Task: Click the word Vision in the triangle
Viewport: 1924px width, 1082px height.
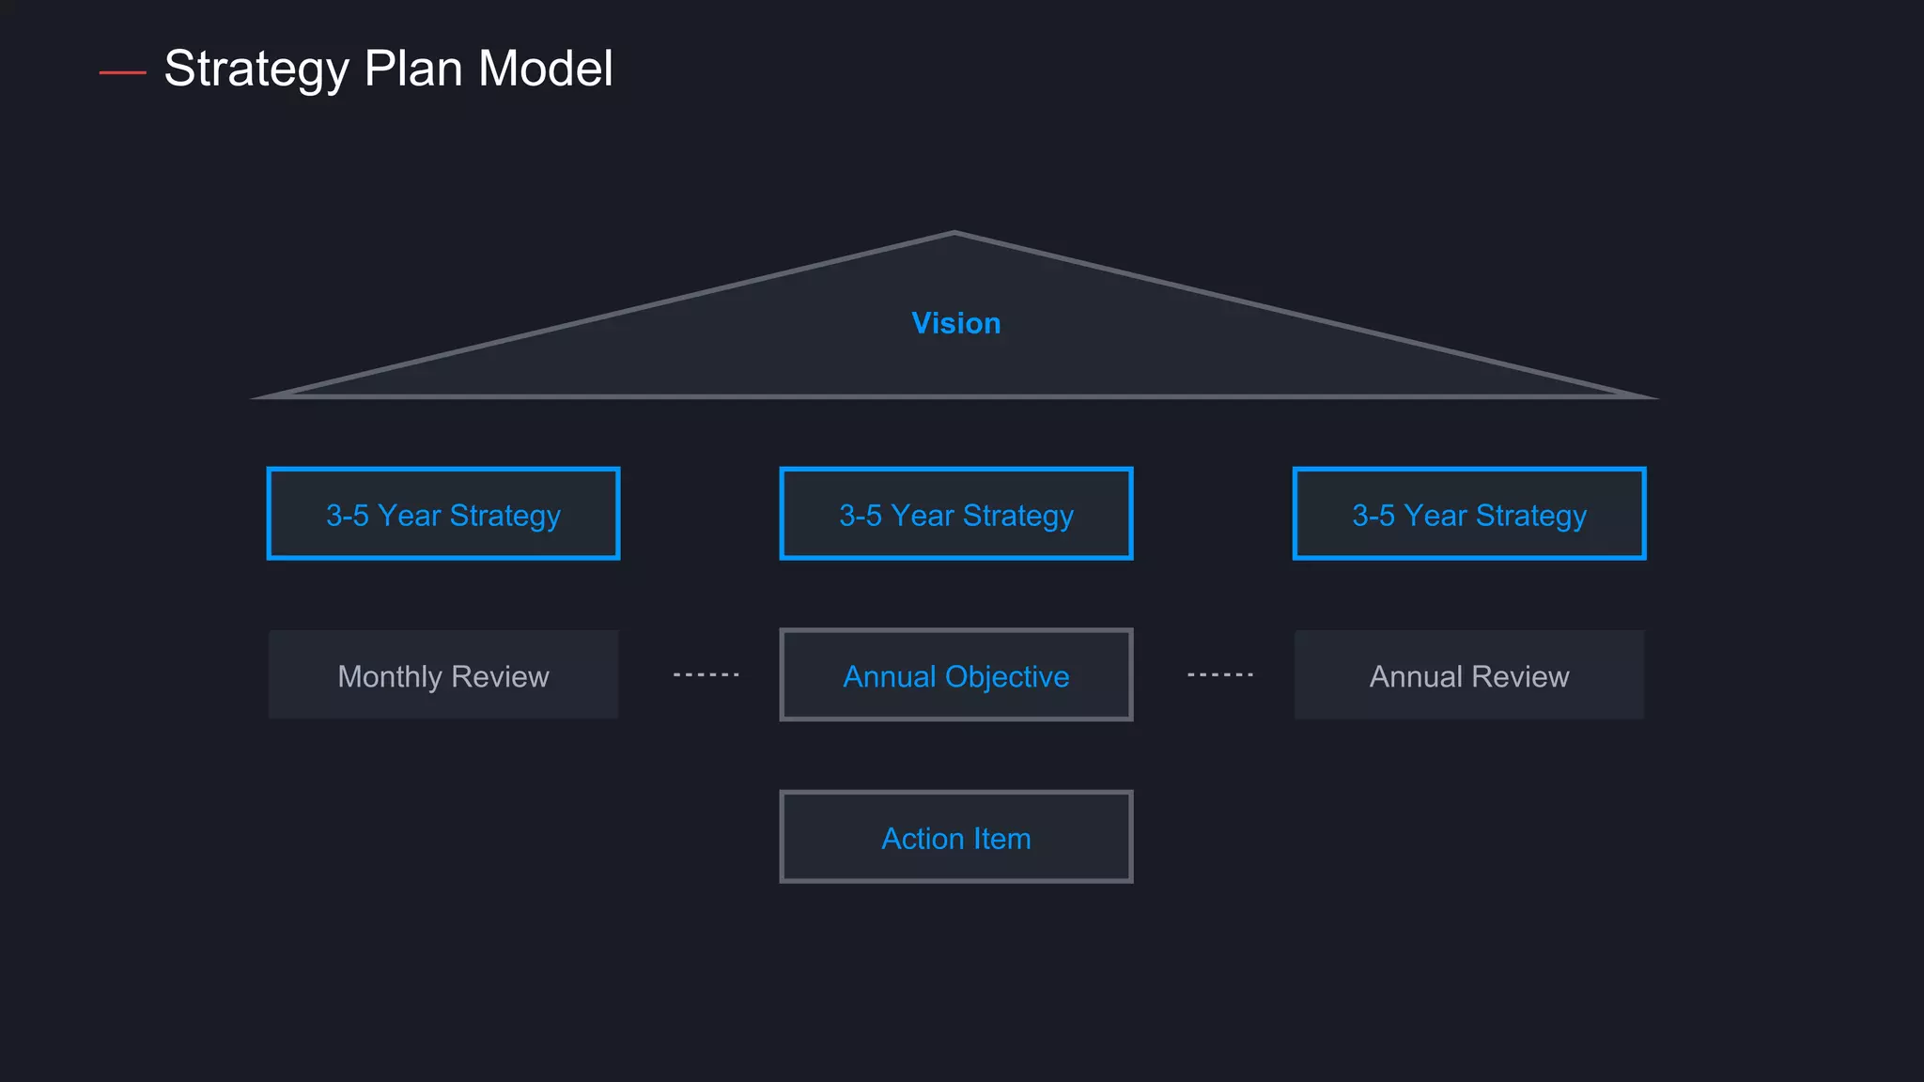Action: coord(955,323)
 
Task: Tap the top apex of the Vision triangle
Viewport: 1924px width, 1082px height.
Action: coord(954,234)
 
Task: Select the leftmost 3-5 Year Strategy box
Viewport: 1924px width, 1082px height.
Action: coord(443,514)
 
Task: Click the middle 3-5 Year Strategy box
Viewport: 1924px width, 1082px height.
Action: coord(955,514)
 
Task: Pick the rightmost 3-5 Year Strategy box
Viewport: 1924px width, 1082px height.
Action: coord(1468,514)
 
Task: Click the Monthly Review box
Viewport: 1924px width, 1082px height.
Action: coord(443,675)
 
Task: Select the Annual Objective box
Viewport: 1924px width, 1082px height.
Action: coord(955,675)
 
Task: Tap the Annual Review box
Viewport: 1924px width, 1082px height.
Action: coord(1468,675)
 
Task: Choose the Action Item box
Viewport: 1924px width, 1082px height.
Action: coord(955,837)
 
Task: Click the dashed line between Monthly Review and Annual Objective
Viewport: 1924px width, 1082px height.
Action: coord(706,674)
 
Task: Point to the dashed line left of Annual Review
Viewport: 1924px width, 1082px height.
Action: coord(1219,674)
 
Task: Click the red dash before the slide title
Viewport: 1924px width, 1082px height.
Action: coord(122,72)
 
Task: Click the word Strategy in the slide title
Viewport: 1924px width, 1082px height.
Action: coord(256,70)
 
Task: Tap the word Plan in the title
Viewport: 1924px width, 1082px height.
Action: coord(412,70)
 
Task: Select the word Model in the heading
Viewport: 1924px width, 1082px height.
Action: coord(545,70)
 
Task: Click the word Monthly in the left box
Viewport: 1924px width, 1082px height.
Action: coord(389,676)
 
